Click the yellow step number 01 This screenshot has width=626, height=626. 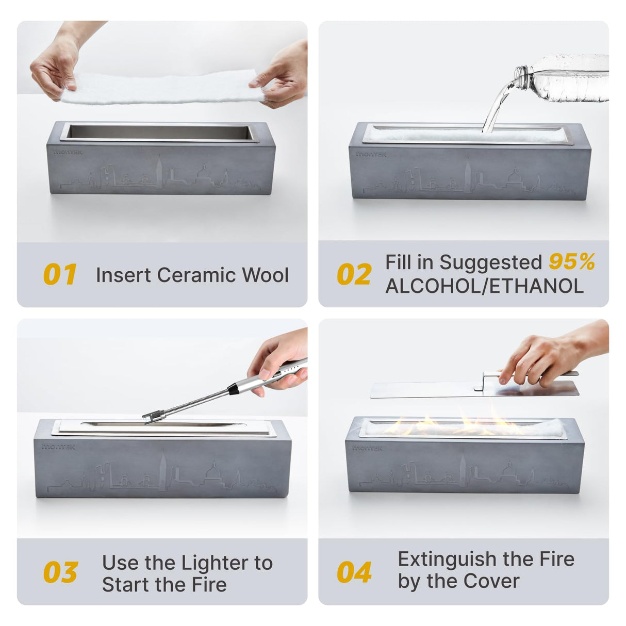[60, 274]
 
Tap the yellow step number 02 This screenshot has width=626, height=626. [354, 274]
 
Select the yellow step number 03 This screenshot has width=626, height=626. [60, 572]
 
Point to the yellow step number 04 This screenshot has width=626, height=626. [354, 572]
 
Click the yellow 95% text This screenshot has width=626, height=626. [572, 261]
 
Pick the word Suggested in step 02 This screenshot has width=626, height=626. [491, 262]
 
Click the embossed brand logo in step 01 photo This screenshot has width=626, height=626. [68, 152]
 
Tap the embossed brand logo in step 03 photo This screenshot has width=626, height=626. [58, 447]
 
